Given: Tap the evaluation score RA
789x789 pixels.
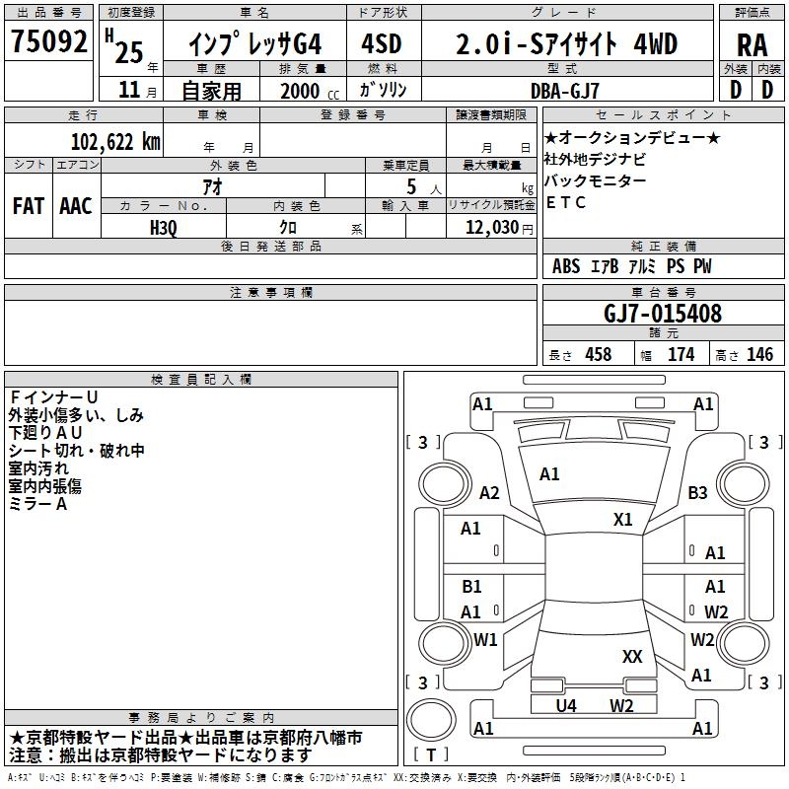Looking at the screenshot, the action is (752, 45).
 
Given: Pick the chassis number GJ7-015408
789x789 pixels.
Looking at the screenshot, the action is (662, 314).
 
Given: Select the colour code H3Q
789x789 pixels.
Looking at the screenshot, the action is (164, 227).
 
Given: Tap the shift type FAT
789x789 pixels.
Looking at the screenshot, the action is (29, 206).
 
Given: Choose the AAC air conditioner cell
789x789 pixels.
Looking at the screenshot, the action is (75, 206).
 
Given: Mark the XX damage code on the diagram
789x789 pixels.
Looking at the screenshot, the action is (632, 656).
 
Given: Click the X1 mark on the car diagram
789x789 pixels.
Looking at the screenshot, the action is (623, 519).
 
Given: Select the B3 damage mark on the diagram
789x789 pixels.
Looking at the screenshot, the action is (698, 492).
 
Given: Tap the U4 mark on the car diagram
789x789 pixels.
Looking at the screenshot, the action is (566, 705).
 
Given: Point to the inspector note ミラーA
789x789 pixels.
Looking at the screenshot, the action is (37, 504).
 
